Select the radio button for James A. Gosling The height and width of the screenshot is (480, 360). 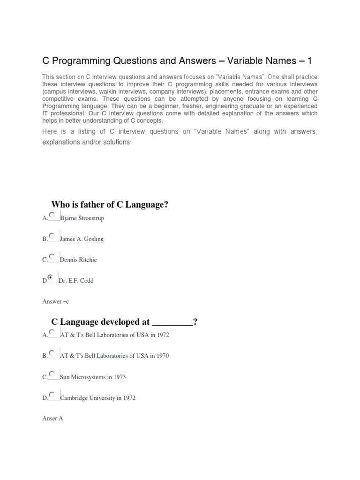tap(52, 235)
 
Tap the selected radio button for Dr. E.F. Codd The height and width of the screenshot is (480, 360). tap(51, 277)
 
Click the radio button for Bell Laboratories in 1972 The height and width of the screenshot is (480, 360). tap(52, 331)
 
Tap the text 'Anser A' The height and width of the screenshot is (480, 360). tap(52, 418)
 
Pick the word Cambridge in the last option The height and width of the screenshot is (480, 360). tap(74, 398)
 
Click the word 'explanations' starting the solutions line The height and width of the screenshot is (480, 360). tap(60, 142)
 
